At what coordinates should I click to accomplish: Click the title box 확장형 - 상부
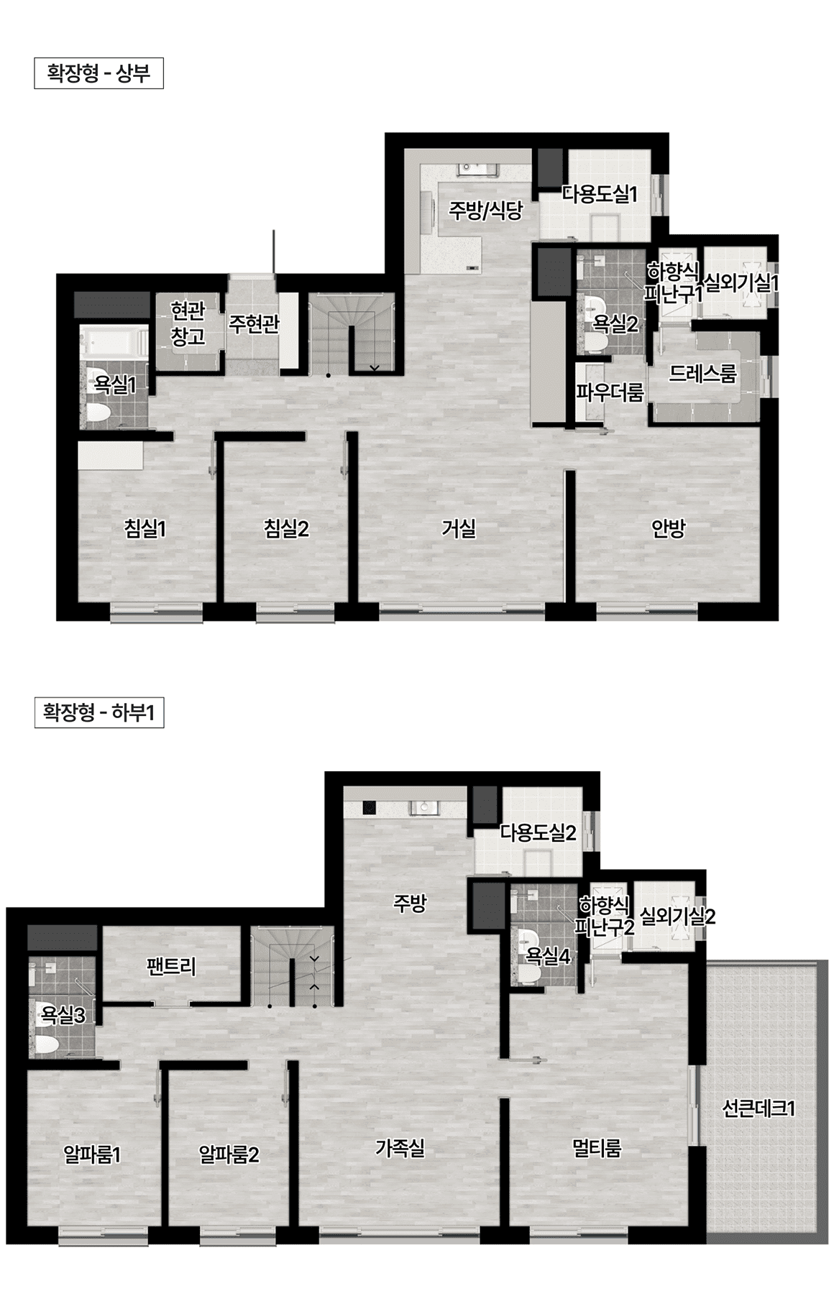pyautogui.click(x=98, y=74)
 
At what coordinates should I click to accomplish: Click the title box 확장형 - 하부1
pyautogui.click(x=98, y=713)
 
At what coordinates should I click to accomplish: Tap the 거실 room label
pyautogui.click(x=458, y=529)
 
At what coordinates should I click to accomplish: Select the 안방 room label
pyautogui.click(x=668, y=529)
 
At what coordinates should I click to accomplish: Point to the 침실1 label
pyautogui.click(x=146, y=529)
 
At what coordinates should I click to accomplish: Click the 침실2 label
pyautogui.click(x=286, y=529)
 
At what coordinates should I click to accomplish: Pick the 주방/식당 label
pyautogui.click(x=485, y=211)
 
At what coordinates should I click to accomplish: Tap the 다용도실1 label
pyautogui.click(x=600, y=194)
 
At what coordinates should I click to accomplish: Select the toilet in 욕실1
pyautogui.click(x=97, y=413)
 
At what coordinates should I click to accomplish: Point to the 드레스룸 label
pyautogui.click(x=702, y=375)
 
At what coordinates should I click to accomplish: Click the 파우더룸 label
pyautogui.click(x=610, y=392)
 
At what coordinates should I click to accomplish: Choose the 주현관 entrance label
pyautogui.click(x=254, y=323)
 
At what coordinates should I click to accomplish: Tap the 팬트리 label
pyautogui.click(x=170, y=966)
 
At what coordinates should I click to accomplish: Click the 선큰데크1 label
pyautogui.click(x=759, y=1108)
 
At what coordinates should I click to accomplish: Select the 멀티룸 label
pyautogui.click(x=597, y=1148)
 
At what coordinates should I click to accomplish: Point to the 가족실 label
pyautogui.click(x=400, y=1148)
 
